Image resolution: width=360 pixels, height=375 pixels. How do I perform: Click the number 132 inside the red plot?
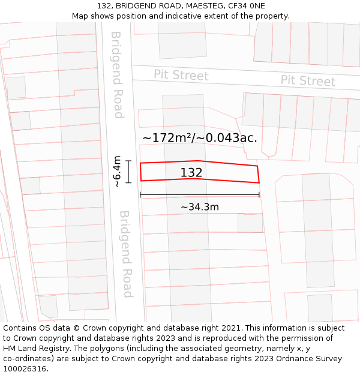pos(191,173)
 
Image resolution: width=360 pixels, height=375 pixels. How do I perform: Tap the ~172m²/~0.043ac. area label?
pos(199,137)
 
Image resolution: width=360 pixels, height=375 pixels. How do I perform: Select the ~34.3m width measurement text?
pos(200,207)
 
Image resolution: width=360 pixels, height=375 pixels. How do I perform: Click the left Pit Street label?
pos(181,75)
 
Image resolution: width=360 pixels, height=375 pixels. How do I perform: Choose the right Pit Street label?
pos(308,81)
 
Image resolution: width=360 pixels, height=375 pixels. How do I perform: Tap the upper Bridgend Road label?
pos(117,74)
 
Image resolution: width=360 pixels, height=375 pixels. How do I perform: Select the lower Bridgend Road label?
pos(125,254)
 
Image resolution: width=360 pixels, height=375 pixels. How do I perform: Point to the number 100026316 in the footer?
pos(25,369)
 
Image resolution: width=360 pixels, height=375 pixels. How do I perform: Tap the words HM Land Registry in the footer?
pos(35,349)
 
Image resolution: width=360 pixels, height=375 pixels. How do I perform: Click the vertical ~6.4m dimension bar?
pos(128,172)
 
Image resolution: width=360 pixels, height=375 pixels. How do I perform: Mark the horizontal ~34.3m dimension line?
pos(200,194)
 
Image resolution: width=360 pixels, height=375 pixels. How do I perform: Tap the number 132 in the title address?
pos(104,6)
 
